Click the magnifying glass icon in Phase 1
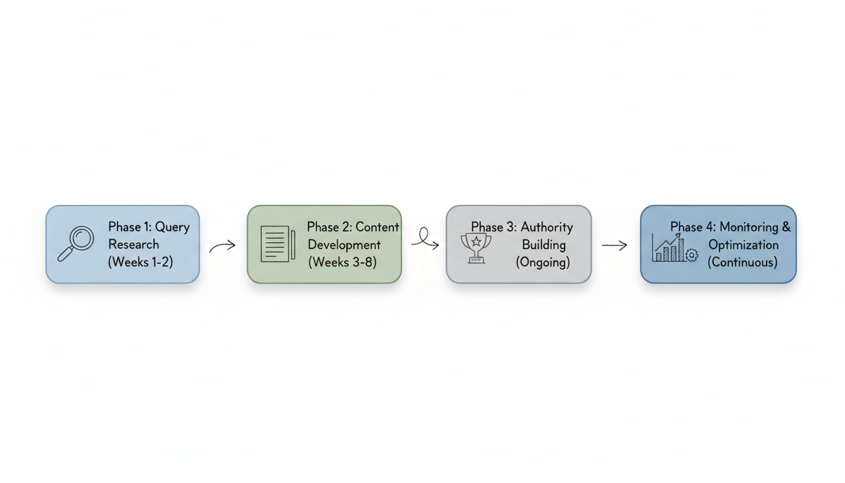pyautogui.click(x=76, y=243)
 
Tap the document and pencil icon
pyautogui.click(x=277, y=244)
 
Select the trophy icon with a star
pyautogui.click(x=476, y=247)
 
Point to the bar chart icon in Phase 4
pyautogui.click(x=668, y=248)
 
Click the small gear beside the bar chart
pyautogui.click(x=692, y=255)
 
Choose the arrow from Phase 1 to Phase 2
pyautogui.click(x=223, y=246)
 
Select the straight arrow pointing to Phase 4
pyautogui.click(x=614, y=245)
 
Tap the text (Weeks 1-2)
pyautogui.click(x=140, y=262)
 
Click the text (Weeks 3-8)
pyautogui.click(x=342, y=262)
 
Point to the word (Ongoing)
pyautogui.click(x=543, y=262)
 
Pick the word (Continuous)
pyautogui.click(x=743, y=262)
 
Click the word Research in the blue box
pyautogui.click(x=133, y=245)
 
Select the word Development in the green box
pyautogui.click(x=344, y=245)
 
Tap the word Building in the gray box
pyautogui.click(x=544, y=245)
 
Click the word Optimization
pyautogui.click(x=743, y=245)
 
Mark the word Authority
pyautogui.click(x=546, y=227)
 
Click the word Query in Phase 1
pyautogui.click(x=172, y=227)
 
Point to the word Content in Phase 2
pyautogui.click(x=377, y=227)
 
